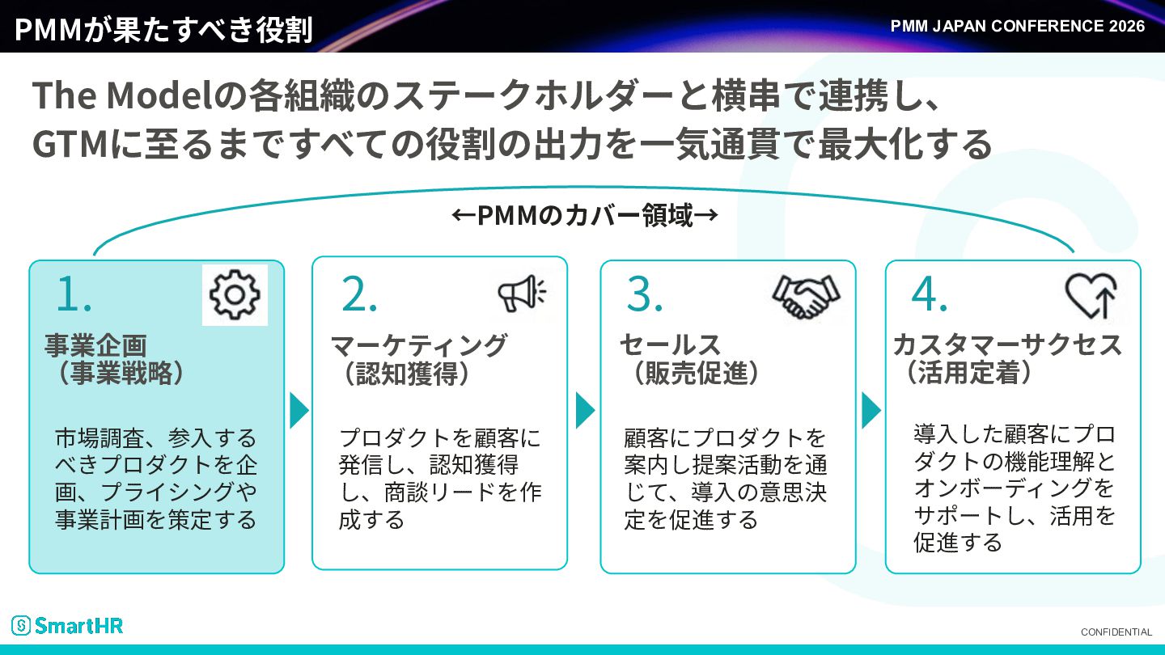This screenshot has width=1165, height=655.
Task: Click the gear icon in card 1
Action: pyautogui.click(x=235, y=294)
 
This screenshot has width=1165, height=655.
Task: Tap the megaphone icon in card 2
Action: pyautogui.click(x=522, y=294)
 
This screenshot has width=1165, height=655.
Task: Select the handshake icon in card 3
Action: pyautogui.click(x=806, y=296)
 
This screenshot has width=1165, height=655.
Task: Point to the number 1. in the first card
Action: pyautogui.click(x=74, y=294)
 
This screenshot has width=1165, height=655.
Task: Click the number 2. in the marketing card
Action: pyautogui.click(x=359, y=294)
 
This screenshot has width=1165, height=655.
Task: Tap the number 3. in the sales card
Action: pyautogui.click(x=644, y=294)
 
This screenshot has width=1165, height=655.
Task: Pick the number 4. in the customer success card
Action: pyautogui.click(x=930, y=294)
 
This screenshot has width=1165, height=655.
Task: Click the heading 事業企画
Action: pyautogui.click(x=95, y=345)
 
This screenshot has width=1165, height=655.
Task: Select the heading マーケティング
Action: pyautogui.click(x=419, y=345)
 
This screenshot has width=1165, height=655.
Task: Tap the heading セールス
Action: pyautogui.click(x=671, y=345)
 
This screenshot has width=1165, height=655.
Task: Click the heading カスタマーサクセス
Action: pyautogui.click(x=1007, y=345)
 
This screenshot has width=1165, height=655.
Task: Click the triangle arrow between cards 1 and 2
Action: pyautogui.click(x=299, y=411)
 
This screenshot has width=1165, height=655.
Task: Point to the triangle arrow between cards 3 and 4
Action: pyautogui.click(x=871, y=411)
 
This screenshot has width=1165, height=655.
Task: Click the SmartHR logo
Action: pyautogui.click(x=67, y=625)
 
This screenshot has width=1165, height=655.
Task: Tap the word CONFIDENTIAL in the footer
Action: pyautogui.click(x=1116, y=632)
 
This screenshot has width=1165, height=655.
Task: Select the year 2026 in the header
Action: pyautogui.click(x=1126, y=26)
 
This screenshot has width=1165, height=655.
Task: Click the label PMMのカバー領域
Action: pyautogui.click(x=585, y=215)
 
